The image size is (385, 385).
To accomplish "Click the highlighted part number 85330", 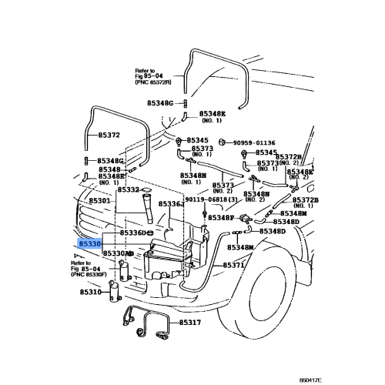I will [x=89, y=243].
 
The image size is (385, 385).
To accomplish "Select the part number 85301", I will [x=100, y=201].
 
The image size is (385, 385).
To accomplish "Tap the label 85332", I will [x=128, y=189].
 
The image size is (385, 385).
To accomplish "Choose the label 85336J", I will [x=174, y=203].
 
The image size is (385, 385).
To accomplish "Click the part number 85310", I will [x=90, y=293].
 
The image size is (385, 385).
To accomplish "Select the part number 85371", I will [x=234, y=265].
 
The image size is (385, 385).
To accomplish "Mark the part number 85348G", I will [x=111, y=160].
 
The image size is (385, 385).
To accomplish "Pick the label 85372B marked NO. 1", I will [x=304, y=203].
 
